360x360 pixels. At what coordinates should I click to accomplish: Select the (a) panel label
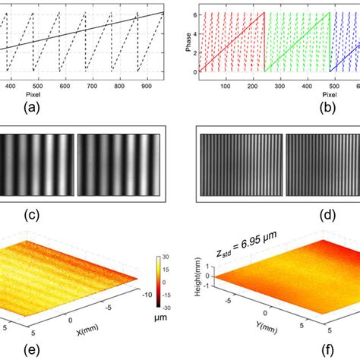[75, 109]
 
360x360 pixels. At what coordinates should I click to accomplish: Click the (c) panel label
[75, 216]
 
